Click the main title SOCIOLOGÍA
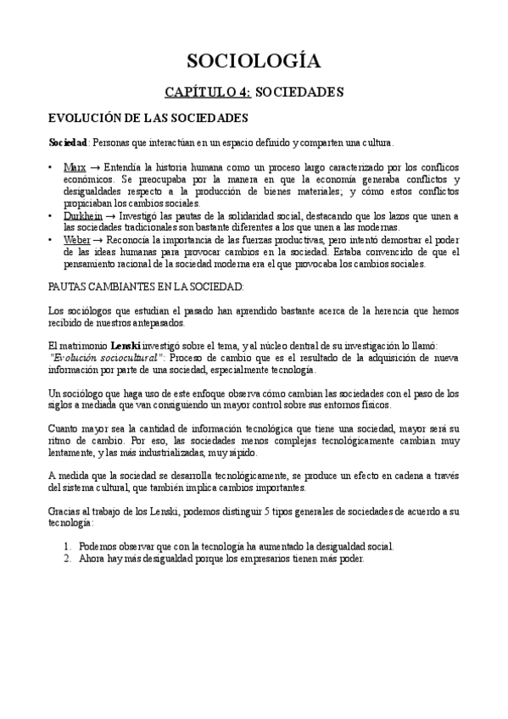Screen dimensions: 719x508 pos(254,60)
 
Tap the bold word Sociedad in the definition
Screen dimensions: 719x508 pos(68,142)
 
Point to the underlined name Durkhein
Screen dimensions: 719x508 pos(83,217)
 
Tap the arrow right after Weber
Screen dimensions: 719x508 pos(98,242)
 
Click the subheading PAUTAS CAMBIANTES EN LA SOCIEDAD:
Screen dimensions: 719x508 pos(146,287)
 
